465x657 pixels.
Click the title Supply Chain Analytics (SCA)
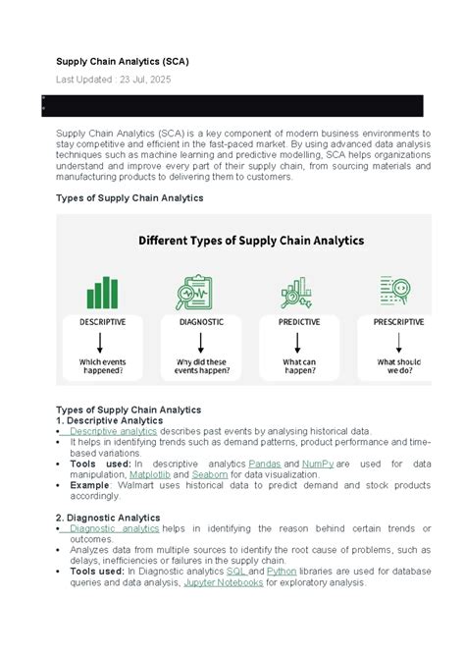123,61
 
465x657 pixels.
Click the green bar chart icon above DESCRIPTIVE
102,292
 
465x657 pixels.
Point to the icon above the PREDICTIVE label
296,292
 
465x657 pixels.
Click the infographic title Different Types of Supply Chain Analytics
251,240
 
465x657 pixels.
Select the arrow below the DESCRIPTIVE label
101,343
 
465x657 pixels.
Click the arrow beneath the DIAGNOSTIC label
201,343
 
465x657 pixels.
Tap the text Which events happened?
101,366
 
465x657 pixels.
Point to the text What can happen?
299,366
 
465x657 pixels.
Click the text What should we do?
399,366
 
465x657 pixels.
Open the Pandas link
265,464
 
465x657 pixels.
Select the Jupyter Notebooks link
223,582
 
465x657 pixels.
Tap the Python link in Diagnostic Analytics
282,572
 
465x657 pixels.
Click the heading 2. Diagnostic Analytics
108,518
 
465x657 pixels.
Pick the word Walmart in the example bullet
133,485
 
